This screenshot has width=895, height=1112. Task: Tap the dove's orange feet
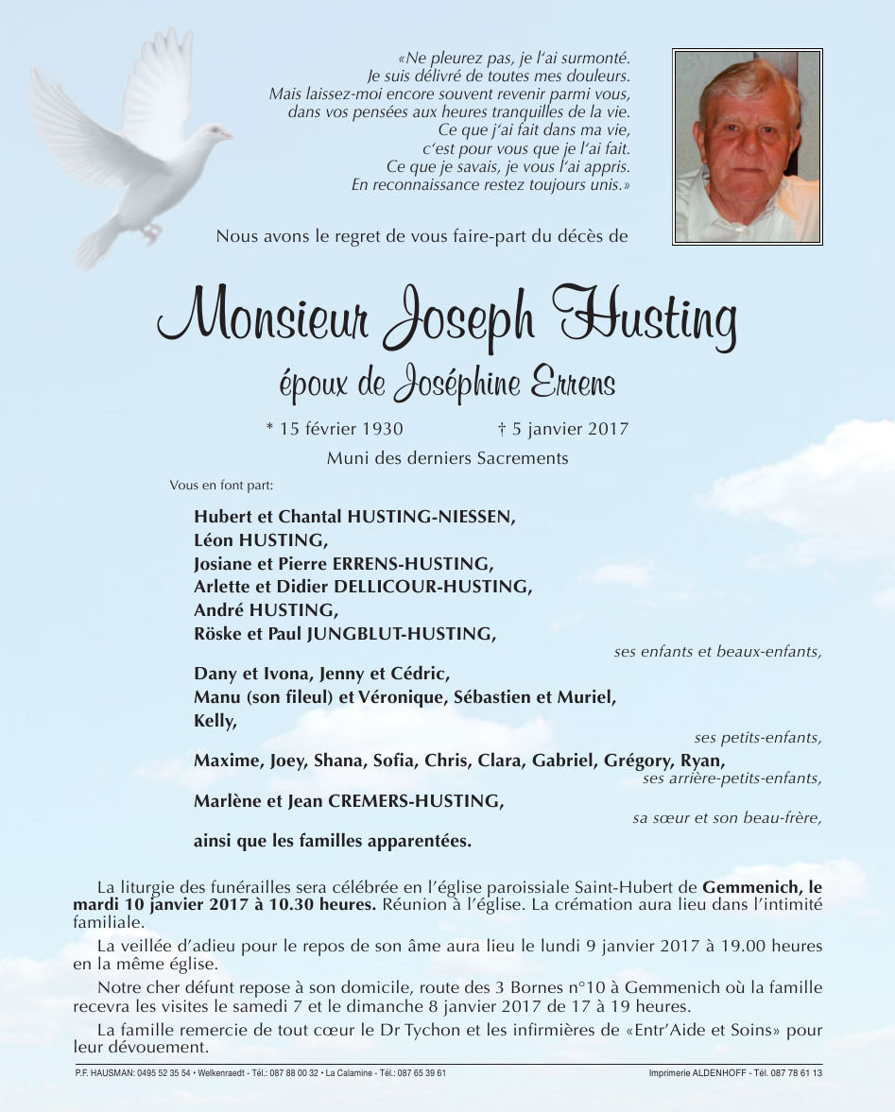pyautogui.click(x=150, y=231)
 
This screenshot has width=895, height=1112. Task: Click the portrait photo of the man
pyautogui.click(x=747, y=146)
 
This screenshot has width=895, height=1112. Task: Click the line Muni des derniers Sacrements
pyautogui.click(x=447, y=458)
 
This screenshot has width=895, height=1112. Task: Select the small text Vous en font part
pyautogui.click(x=221, y=486)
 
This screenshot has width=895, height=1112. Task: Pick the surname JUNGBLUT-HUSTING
pyautogui.click(x=401, y=633)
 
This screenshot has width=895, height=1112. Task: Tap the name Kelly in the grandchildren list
pyautogui.click(x=214, y=721)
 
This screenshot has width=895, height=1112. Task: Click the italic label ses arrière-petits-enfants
pyautogui.click(x=731, y=778)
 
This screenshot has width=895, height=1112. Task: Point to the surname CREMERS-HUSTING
pyautogui.click(x=415, y=801)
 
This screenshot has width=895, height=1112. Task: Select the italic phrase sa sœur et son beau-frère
pyautogui.click(x=727, y=818)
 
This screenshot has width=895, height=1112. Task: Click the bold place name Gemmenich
pyautogui.click(x=752, y=887)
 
